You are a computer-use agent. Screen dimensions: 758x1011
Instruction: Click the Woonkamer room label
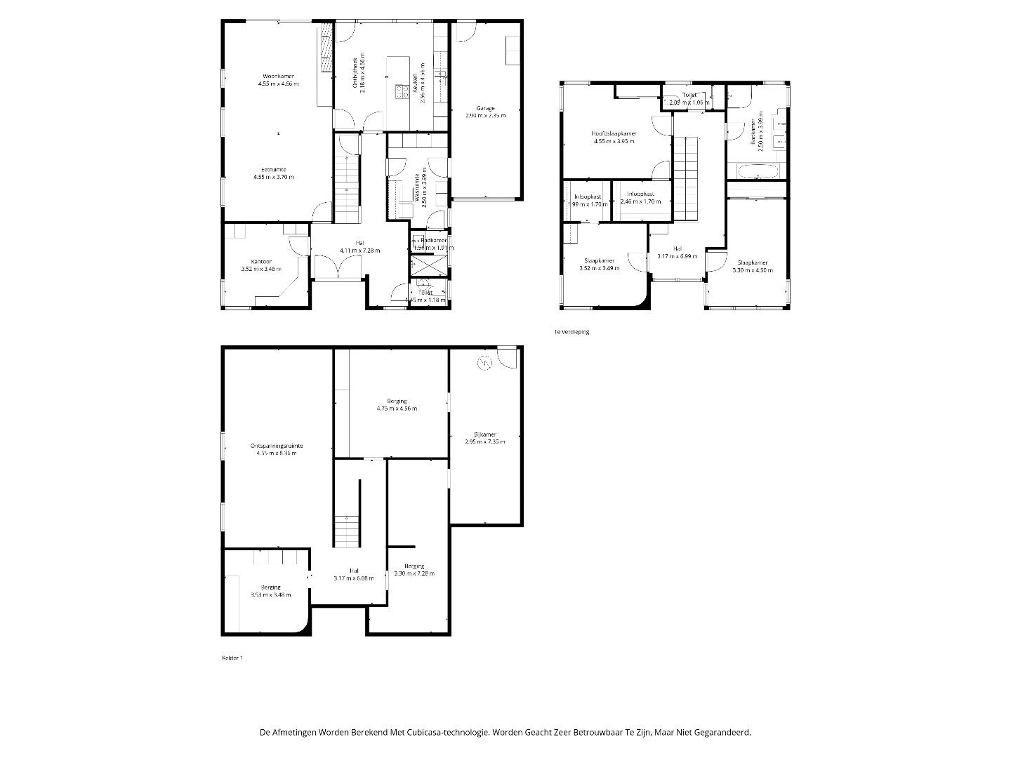278,76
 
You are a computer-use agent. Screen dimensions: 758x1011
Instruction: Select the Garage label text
484,108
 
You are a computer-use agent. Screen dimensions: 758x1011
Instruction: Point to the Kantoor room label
260,261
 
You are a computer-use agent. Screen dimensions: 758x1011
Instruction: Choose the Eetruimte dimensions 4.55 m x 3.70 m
274,177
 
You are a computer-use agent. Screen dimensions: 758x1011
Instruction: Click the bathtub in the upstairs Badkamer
757,171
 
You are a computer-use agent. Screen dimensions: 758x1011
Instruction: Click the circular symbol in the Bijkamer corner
484,363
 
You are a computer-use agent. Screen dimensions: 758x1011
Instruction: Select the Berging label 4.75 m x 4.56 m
397,401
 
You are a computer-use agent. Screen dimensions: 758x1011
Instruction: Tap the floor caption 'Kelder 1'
232,658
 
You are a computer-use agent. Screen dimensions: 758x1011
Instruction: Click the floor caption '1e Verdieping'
571,332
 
